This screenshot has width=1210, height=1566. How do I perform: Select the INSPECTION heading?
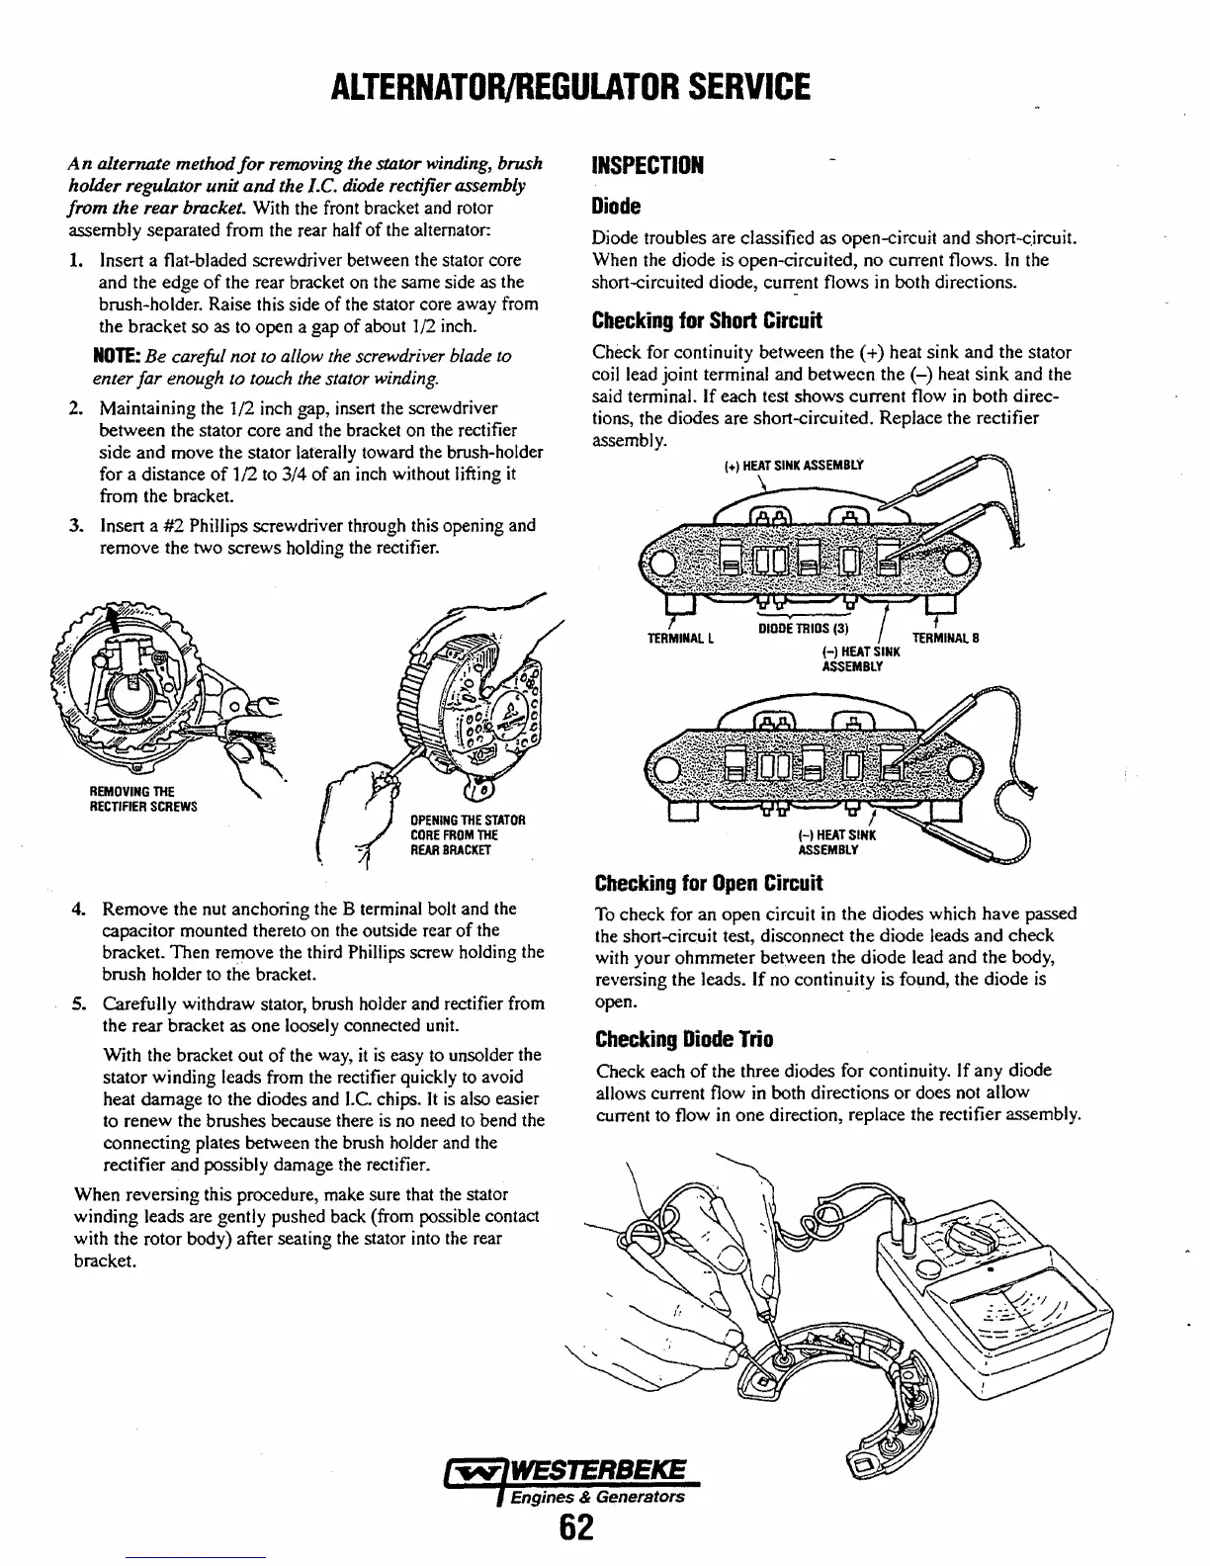[647, 165]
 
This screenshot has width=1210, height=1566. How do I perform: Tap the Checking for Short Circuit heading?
[706, 321]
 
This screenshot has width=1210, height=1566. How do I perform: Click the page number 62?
[574, 1529]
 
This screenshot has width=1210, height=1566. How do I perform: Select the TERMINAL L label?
[680, 638]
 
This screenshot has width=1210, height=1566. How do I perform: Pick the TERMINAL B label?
[944, 638]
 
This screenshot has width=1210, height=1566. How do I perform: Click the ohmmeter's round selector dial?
[974, 1238]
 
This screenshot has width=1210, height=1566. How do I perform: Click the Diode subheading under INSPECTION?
[616, 207]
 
